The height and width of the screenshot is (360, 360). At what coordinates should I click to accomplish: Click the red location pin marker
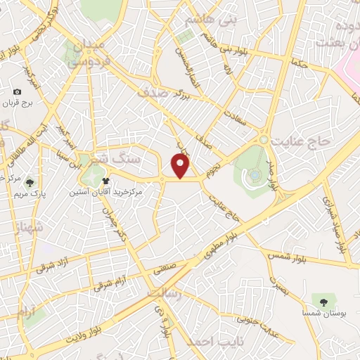pos(182,166)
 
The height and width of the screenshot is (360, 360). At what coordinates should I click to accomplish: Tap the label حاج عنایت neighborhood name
pos(304,141)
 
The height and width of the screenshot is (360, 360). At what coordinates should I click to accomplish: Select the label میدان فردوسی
pos(87,53)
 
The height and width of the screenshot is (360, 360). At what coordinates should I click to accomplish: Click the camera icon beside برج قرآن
pos(18,92)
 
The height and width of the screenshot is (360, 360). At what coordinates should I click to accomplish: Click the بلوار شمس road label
pos(286,257)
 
